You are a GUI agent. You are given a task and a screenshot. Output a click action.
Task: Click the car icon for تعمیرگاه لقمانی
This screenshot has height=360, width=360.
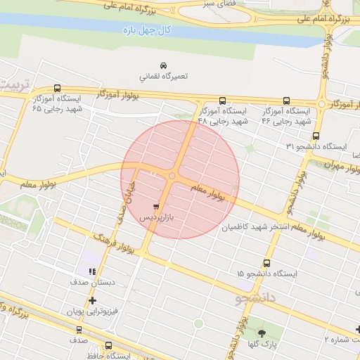tap(163, 64)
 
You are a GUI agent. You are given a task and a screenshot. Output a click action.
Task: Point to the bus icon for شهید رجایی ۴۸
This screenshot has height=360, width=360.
tap(223, 101)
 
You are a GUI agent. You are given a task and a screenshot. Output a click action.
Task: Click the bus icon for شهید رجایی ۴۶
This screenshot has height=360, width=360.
tap(286, 101)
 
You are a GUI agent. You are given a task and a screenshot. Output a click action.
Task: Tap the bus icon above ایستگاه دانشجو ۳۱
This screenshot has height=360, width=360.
tap(316, 136)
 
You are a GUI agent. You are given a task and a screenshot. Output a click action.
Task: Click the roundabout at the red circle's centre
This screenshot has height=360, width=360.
tap(172, 176)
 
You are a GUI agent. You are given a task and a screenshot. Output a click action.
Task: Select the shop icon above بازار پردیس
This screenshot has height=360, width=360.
tap(155, 207)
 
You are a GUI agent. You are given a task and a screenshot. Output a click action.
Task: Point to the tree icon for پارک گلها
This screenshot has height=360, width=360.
tap(262, 333)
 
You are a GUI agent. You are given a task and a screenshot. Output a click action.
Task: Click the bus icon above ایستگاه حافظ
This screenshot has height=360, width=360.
tap(108, 345)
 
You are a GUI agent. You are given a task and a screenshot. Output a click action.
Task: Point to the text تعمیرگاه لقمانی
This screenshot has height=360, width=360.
tap(164, 75)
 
